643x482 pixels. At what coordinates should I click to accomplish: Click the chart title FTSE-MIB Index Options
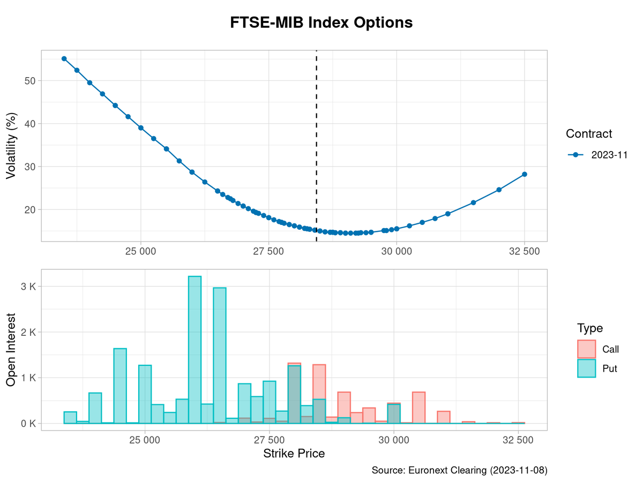click(322, 22)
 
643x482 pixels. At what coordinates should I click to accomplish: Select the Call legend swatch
click(587, 349)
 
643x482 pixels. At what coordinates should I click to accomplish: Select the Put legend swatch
click(587, 368)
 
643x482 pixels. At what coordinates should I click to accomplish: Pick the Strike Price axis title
click(294, 454)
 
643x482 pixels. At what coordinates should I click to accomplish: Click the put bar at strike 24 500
click(120, 386)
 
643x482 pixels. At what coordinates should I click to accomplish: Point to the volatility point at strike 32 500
click(525, 174)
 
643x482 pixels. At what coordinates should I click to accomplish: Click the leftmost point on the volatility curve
click(64, 59)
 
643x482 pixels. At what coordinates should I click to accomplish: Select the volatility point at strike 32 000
click(499, 190)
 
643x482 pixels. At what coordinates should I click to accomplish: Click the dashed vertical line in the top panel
click(316, 134)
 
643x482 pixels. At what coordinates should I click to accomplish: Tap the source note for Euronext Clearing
click(459, 470)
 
